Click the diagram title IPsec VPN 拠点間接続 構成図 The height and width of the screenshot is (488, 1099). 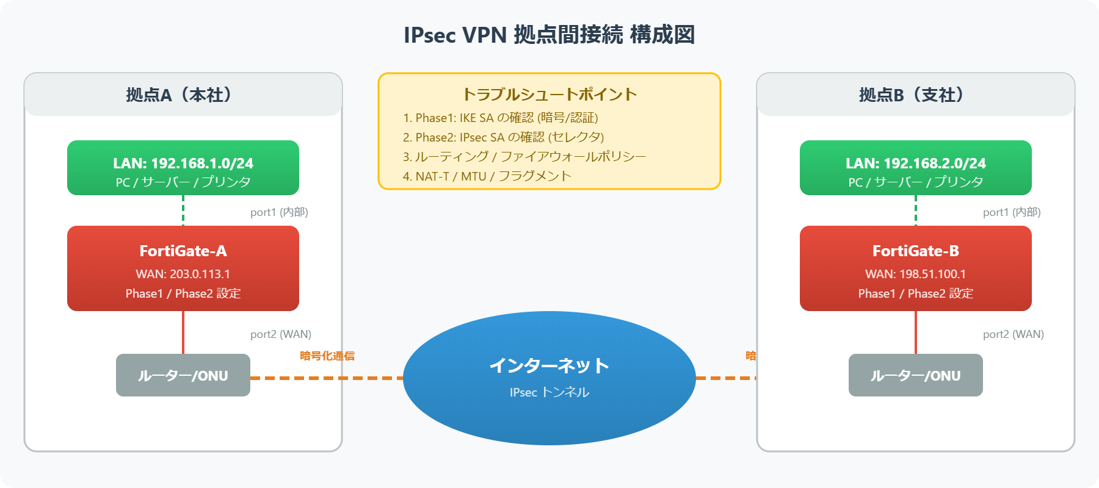coord(549,35)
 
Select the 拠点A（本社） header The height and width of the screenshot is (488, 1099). coord(183,95)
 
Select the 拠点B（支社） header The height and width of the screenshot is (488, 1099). coord(915,95)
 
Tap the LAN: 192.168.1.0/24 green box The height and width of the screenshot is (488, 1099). coord(183,168)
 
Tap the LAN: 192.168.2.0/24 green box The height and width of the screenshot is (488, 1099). coord(915,168)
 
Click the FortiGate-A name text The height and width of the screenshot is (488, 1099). coord(183,251)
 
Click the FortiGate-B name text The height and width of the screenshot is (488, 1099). coord(915,251)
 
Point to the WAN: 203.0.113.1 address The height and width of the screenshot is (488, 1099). coord(183,274)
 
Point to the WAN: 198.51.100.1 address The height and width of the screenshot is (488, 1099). coord(915,274)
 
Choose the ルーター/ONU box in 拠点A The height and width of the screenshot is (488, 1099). coord(183,375)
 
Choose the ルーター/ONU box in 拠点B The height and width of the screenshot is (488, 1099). coord(915,375)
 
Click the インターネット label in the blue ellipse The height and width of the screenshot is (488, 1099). coord(549,365)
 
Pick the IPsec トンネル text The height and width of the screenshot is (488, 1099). coord(549,392)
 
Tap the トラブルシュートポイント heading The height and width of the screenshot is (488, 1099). coord(549,94)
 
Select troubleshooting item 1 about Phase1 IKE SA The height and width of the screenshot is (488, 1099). coord(500,118)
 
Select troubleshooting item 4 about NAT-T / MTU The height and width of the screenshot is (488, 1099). coord(487,176)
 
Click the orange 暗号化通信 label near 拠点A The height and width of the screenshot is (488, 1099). coord(327,356)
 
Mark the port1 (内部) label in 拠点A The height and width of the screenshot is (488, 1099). coord(279,212)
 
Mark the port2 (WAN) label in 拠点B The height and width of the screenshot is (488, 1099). coord(1013,334)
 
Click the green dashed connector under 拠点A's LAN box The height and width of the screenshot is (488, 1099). coord(183,210)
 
